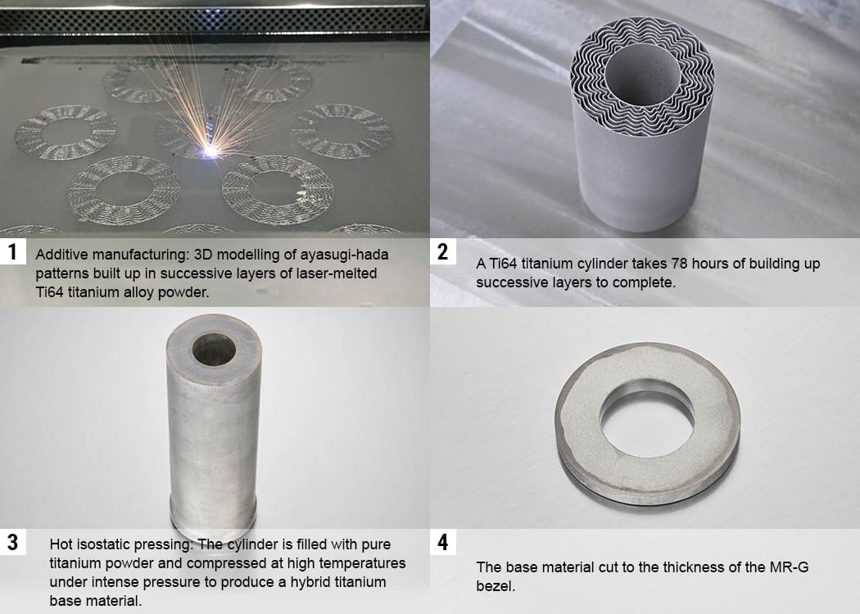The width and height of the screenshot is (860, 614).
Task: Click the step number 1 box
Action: (12, 251)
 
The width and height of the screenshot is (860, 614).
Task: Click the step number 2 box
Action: (442, 251)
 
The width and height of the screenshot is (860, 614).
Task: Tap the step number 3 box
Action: (12, 542)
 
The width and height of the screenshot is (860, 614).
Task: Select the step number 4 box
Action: (442, 542)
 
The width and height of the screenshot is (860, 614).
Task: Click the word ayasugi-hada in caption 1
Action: (344, 255)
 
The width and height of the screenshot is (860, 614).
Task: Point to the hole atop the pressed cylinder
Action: (214, 350)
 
